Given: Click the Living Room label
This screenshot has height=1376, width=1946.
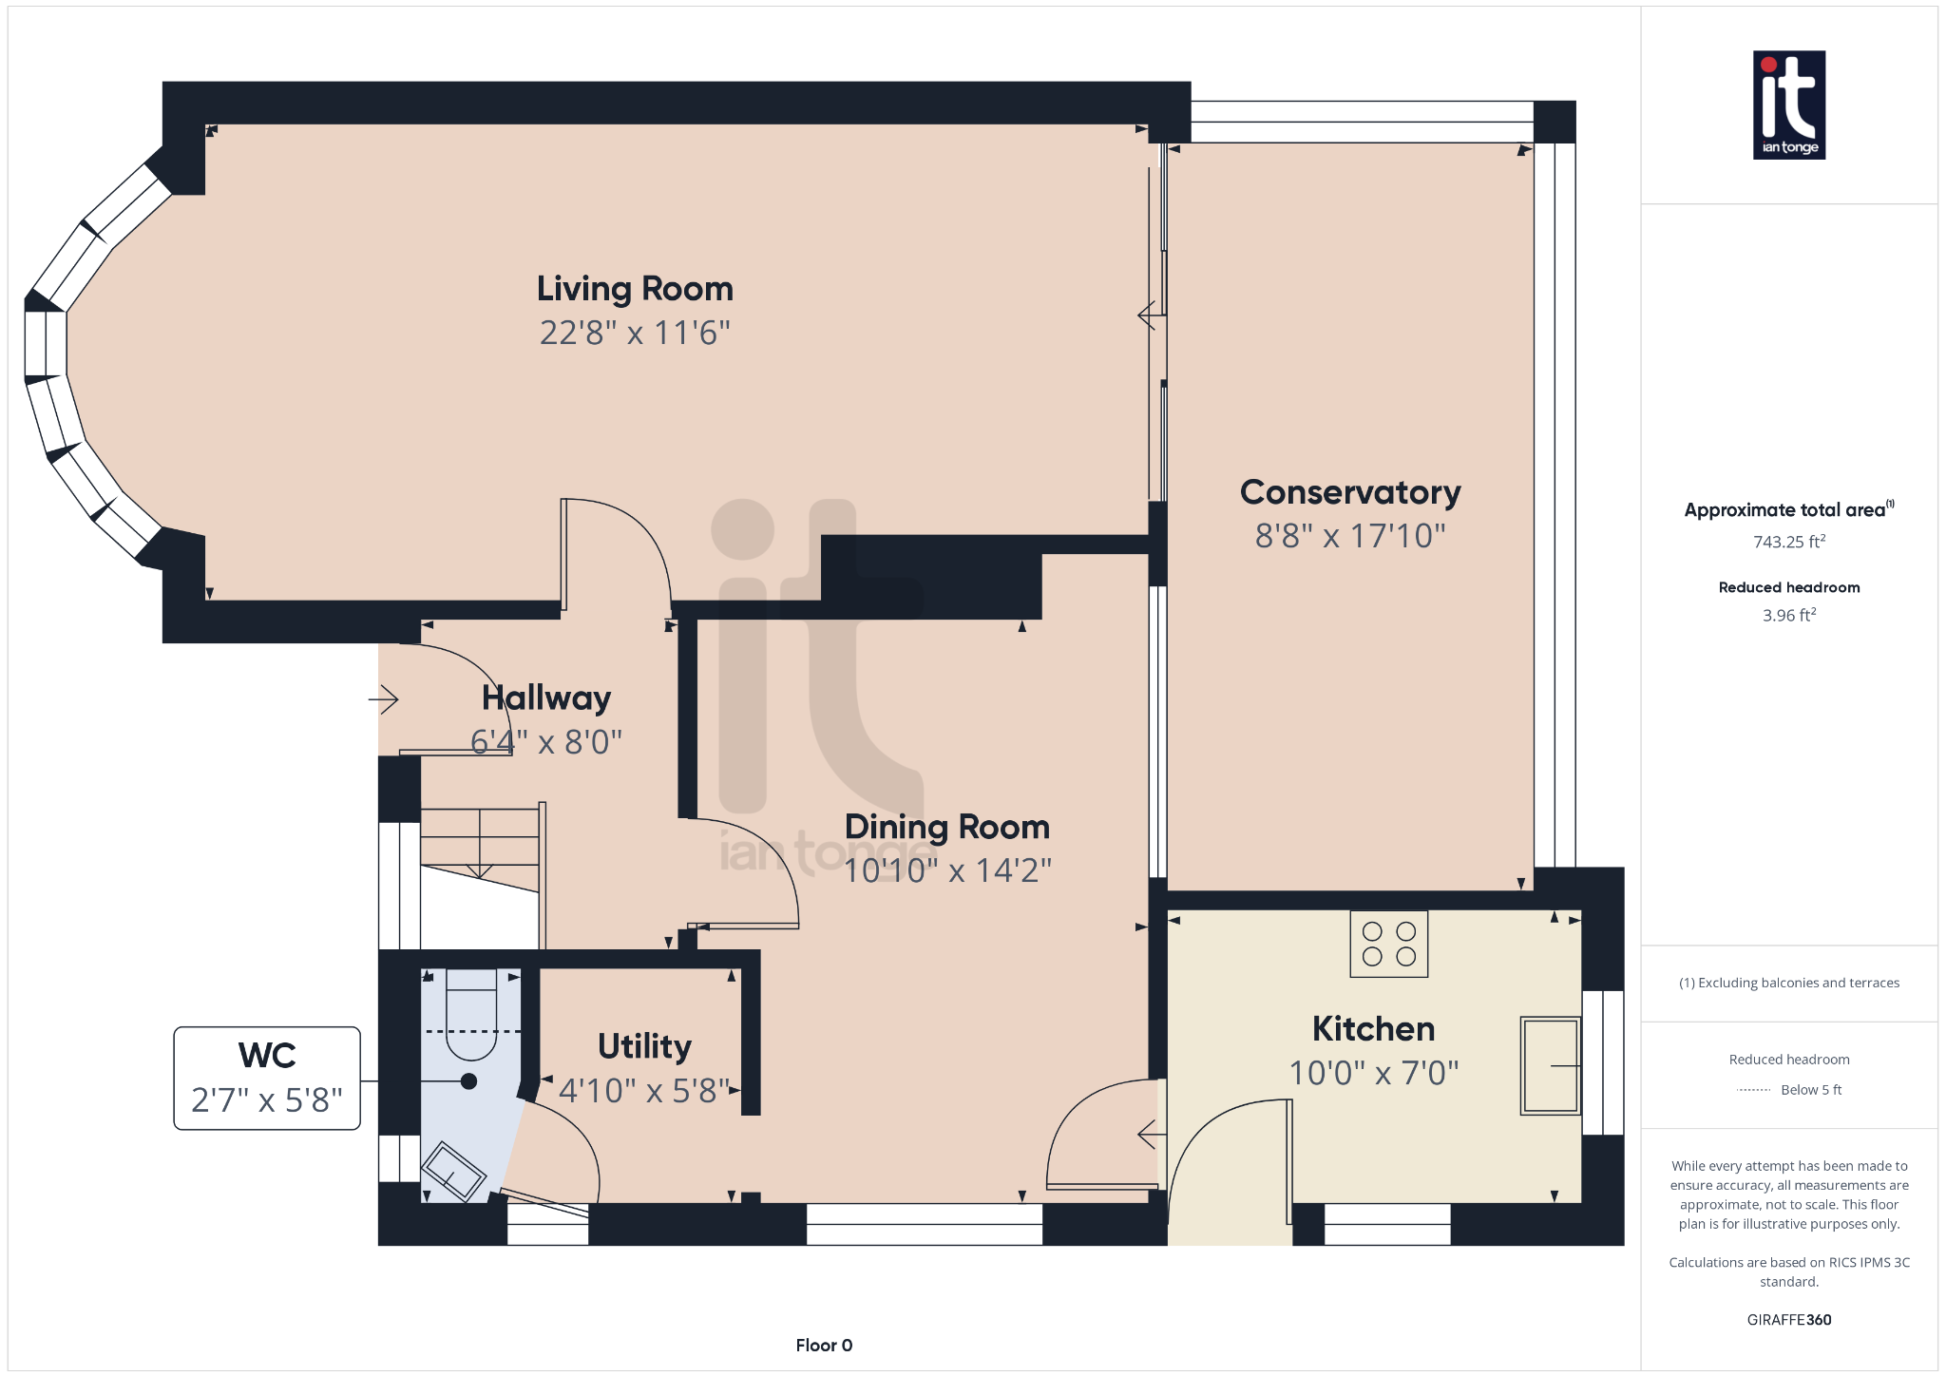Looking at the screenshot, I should [635, 289].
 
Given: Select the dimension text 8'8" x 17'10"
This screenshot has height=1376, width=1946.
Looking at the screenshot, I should [1349, 536].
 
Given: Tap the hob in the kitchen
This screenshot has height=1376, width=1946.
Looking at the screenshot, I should [1388, 944].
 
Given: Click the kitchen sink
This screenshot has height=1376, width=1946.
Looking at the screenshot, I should [1549, 1065].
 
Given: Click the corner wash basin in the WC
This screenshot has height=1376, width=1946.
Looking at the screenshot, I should [453, 1172].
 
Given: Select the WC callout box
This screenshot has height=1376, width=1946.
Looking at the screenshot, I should [267, 1078].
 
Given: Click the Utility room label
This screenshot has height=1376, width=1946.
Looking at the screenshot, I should [644, 1046].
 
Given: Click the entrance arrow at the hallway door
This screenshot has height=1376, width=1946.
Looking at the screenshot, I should [384, 700].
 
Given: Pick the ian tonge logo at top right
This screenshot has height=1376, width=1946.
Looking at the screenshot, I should [1788, 105].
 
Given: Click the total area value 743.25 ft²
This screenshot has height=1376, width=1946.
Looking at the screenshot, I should [1788, 542].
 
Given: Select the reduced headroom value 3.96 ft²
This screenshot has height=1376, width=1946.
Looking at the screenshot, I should [1788, 615].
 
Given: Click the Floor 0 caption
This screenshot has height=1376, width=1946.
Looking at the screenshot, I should [824, 1345].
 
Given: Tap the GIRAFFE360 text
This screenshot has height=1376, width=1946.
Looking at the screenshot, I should [1788, 1319].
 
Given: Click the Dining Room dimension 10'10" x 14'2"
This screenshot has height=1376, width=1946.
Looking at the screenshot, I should [947, 870].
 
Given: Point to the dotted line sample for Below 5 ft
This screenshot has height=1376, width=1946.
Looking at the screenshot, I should [1753, 1090].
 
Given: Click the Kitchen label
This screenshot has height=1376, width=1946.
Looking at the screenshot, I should [1373, 1029].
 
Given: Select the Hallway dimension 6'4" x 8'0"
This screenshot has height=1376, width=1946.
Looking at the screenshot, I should [546, 741].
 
